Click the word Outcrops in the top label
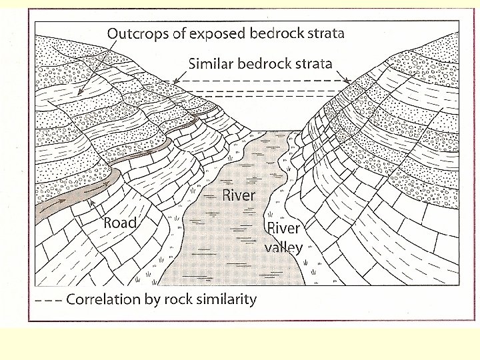(x=139, y=33)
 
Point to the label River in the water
(x=239, y=195)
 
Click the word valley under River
(x=284, y=247)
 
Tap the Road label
(x=120, y=223)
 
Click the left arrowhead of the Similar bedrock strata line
(x=175, y=81)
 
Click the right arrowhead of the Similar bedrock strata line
(x=348, y=81)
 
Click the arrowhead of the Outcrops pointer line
(x=79, y=94)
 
